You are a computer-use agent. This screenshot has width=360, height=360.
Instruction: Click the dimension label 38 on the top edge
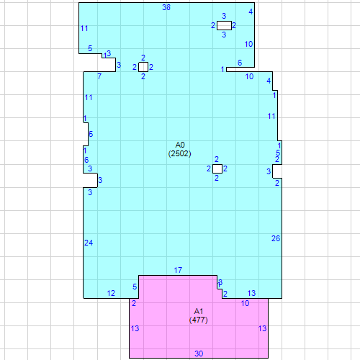tap(166, 7)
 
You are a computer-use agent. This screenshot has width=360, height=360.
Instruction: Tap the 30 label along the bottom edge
tap(199, 354)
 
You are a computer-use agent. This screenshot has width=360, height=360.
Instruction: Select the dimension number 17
tap(178, 270)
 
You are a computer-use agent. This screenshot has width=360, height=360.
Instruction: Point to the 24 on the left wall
tap(89, 243)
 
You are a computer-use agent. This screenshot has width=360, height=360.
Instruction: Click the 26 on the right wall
tap(275, 238)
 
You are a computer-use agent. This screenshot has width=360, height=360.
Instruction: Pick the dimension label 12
tap(111, 293)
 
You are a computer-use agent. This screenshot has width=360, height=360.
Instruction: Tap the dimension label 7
tap(99, 76)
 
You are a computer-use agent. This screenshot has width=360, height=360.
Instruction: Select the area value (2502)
tap(180, 153)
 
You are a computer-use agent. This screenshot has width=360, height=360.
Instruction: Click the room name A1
tap(199, 311)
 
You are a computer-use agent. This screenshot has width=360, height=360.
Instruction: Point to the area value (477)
tap(199, 320)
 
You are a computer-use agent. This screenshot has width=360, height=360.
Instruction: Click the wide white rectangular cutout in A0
tap(224, 25)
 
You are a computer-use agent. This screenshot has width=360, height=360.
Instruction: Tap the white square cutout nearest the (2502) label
tap(217, 168)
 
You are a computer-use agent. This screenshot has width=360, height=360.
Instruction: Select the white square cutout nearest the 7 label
tap(143, 67)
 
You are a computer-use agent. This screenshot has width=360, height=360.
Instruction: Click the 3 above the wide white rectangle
tap(224, 16)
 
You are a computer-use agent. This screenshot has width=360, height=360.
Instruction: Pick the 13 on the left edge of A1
tap(135, 328)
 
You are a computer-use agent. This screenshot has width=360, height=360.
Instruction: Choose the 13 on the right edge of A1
tap(262, 328)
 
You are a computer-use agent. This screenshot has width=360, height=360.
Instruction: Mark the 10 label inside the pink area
tap(245, 304)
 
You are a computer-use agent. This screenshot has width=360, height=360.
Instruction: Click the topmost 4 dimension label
tap(251, 12)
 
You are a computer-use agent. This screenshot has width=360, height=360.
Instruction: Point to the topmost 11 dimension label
tap(84, 29)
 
